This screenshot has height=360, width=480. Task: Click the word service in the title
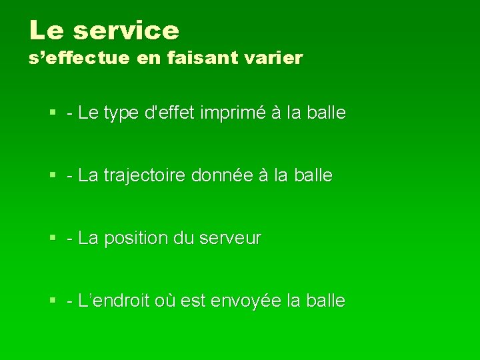(127, 30)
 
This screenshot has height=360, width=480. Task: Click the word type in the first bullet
(121, 113)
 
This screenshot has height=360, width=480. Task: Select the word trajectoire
(145, 176)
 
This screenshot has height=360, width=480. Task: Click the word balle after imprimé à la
(326, 113)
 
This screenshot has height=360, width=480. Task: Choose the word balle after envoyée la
(325, 301)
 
